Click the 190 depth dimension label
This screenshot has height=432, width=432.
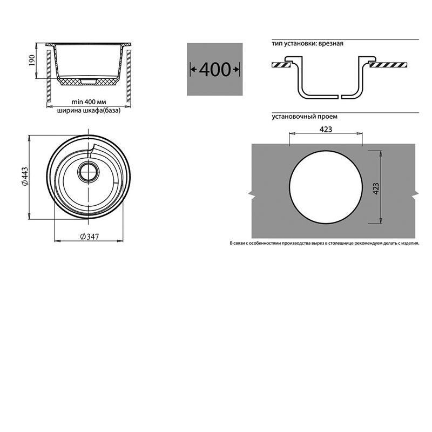tap(32, 60)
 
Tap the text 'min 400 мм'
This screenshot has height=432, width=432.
tap(89, 102)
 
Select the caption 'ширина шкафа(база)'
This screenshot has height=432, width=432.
tap(89, 111)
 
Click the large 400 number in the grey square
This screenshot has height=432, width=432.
tap(214, 70)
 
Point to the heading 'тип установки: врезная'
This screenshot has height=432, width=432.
tap(307, 44)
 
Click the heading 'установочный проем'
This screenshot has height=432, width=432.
tap(305, 117)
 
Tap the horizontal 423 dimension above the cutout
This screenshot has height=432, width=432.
tap(326, 129)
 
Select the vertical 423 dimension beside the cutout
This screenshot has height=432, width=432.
tap(376, 188)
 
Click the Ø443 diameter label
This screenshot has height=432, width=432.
tap(25, 177)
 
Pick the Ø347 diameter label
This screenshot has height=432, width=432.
tap(89, 237)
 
